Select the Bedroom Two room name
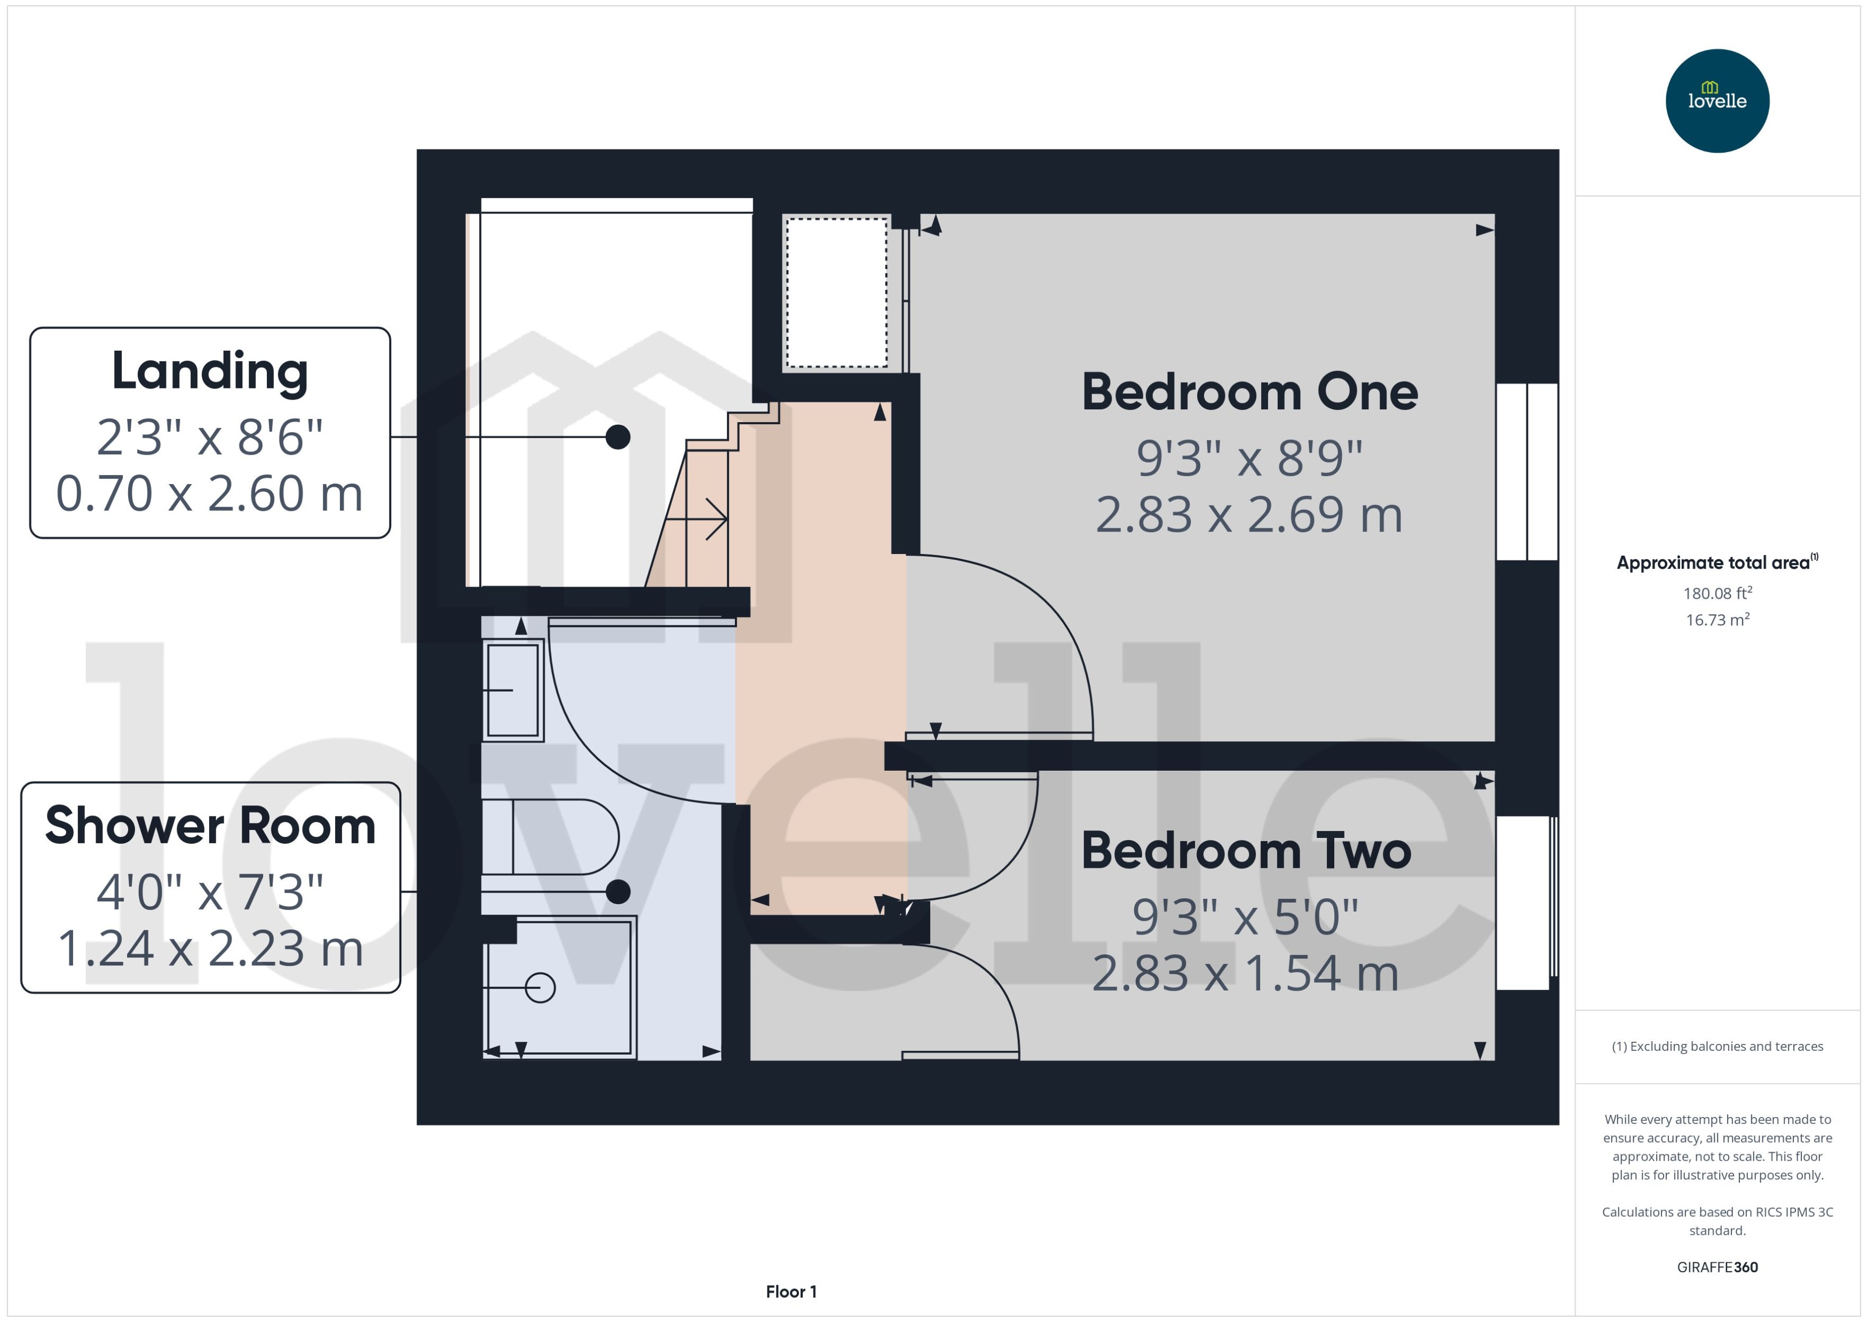tap(1245, 851)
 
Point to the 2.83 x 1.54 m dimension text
tap(1245, 973)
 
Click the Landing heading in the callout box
tap(210, 371)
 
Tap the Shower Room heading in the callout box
tap(210, 826)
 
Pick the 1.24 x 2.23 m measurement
tap(210, 949)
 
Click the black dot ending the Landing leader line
tap(618, 437)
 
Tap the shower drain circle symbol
tap(540, 987)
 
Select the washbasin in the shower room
tap(513, 690)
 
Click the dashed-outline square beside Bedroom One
tap(836, 292)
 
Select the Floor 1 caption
tap(790, 1291)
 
